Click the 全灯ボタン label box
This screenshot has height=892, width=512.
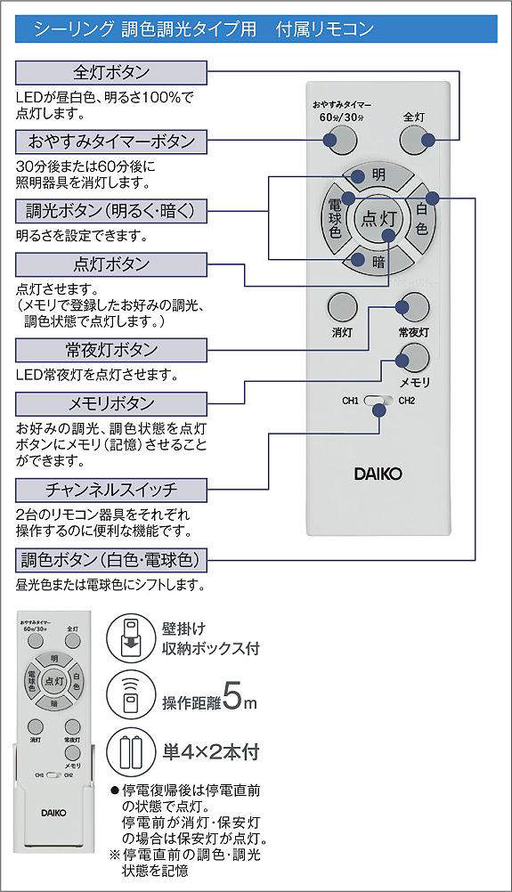(x=111, y=72)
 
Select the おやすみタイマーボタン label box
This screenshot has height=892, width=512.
(x=111, y=141)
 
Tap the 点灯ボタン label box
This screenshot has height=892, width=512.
(x=111, y=264)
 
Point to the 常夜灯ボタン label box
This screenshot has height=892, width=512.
(x=111, y=349)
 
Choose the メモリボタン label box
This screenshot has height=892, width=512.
(x=111, y=403)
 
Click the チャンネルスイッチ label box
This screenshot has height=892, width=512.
(x=111, y=490)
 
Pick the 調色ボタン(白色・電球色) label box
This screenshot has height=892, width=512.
(x=111, y=560)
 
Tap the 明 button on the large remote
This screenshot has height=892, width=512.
(x=378, y=176)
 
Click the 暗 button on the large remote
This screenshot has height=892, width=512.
(x=378, y=262)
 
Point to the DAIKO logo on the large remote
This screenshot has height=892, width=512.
(x=378, y=474)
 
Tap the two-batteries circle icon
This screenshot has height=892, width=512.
(x=130, y=752)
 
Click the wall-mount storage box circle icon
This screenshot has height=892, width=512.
(x=130, y=637)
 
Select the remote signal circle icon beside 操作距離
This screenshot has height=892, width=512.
(x=130, y=695)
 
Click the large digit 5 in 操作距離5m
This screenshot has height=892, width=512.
(x=234, y=696)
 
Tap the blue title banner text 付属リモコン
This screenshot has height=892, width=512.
(x=325, y=28)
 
